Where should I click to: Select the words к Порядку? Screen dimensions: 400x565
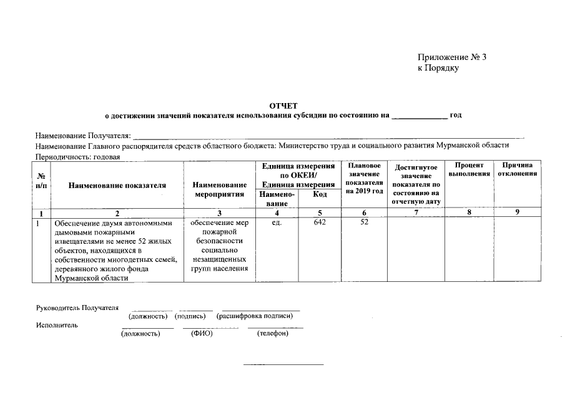coord(438,68)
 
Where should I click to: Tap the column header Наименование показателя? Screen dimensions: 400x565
coord(117,185)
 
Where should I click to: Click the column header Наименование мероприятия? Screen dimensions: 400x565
coord(219,189)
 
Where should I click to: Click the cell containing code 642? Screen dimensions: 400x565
coord(320,222)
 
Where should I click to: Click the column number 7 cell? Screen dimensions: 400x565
coord(416,212)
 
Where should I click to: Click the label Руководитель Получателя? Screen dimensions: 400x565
coord(77,308)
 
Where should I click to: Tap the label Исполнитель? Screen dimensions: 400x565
coord(57,325)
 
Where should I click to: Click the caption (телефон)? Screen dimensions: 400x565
coord(273,334)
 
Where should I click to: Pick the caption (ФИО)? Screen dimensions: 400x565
coord(202,334)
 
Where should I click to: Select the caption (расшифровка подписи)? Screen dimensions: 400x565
coord(255,316)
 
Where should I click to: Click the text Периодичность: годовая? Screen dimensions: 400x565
coord(78,156)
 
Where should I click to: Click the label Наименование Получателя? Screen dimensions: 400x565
coord(83,136)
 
